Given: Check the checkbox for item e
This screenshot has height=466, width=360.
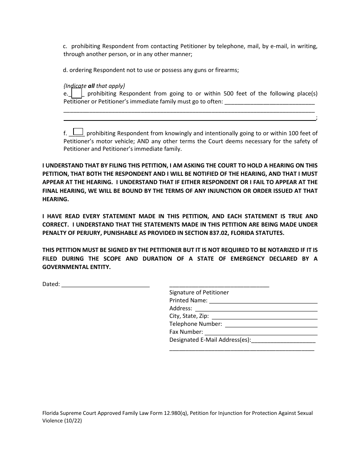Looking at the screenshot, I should click(77, 93).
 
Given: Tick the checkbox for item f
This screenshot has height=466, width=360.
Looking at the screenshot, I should click(78, 131).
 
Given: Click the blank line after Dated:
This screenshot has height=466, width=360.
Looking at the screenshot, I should click(105, 285).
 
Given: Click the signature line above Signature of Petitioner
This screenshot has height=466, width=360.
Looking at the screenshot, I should click(219, 285).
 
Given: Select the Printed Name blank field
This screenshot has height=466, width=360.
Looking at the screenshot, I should click(263, 301).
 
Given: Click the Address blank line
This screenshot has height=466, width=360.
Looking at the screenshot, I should click(256, 309).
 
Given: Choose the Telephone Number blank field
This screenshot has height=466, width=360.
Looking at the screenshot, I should click(271, 324).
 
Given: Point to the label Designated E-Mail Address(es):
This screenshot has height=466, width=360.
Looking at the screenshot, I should click(210, 340).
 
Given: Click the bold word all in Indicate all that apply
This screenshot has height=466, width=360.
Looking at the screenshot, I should click(91, 86).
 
